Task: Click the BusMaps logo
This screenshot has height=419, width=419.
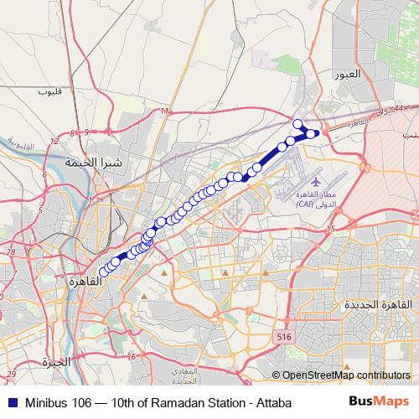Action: tap(379, 402)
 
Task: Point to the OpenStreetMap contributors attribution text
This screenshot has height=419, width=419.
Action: tap(345, 375)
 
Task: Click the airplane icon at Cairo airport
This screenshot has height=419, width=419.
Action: tap(316, 180)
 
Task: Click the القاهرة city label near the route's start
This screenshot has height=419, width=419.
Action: tap(85, 280)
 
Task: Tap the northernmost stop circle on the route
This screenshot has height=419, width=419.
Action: tap(297, 124)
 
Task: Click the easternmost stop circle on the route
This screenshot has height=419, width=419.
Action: tap(313, 133)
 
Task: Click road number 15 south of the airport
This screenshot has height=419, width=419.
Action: tap(331, 228)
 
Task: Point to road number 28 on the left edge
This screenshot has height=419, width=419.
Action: tap(13, 251)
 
